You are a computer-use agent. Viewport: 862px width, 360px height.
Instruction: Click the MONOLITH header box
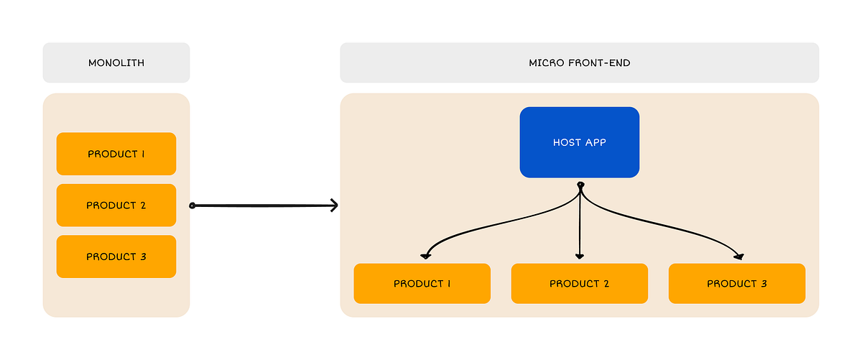116,63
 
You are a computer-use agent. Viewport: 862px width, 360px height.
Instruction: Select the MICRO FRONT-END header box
579,63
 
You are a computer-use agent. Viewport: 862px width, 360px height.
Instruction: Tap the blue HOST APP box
579,142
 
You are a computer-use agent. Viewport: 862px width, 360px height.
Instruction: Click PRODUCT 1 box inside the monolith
116,154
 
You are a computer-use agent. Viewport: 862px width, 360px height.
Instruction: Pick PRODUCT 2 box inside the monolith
116,206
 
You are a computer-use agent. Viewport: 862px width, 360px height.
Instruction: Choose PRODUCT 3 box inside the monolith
116,257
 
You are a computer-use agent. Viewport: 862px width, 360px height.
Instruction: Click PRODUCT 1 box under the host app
422,283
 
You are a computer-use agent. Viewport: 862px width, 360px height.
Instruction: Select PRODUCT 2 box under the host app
579,283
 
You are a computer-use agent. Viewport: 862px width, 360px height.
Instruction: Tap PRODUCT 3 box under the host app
736,283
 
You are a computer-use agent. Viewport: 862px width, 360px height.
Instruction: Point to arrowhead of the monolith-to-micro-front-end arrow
335,206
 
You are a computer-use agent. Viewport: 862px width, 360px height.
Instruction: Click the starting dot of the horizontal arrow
192,206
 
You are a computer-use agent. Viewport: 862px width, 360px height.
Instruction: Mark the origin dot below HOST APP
580,185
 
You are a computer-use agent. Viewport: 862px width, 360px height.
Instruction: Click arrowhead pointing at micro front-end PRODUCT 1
425,256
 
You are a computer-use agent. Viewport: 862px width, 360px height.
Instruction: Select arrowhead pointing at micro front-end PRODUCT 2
580,257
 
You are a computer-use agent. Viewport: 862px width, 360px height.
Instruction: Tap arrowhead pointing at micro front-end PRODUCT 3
740,256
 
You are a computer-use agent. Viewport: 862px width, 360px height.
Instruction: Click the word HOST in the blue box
567,142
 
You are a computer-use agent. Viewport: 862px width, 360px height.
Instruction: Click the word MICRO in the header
544,63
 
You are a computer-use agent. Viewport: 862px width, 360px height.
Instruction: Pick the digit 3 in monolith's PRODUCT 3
142,257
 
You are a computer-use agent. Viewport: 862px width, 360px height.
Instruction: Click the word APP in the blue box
595,142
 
